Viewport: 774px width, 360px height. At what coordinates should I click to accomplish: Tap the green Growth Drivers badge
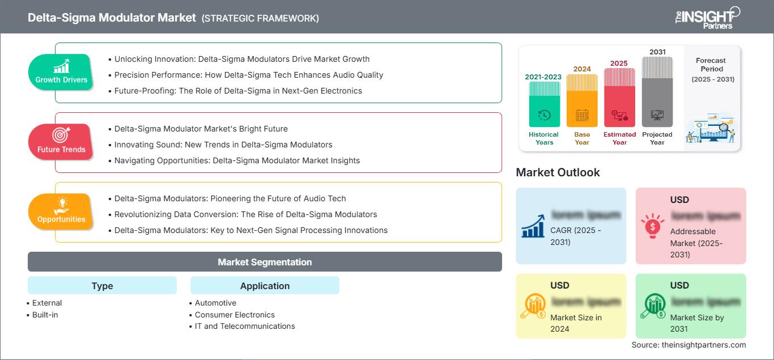click(x=61, y=72)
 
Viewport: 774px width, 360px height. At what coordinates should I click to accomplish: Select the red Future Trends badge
click(x=61, y=142)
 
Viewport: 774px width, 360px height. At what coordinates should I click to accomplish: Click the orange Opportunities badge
click(x=61, y=211)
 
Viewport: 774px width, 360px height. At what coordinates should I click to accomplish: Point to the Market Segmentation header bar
click(x=265, y=262)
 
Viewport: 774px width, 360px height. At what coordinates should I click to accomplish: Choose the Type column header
click(x=102, y=286)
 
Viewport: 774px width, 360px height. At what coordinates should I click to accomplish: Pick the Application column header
click(x=265, y=286)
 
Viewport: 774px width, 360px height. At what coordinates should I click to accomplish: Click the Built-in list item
click(x=45, y=315)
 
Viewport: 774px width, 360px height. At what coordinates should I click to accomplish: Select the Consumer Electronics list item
click(x=235, y=315)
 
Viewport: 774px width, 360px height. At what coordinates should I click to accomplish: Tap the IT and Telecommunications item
click(x=245, y=326)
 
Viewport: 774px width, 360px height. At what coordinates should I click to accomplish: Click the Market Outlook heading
click(x=558, y=172)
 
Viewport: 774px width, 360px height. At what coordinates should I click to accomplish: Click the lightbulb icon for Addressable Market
click(x=653, y=226)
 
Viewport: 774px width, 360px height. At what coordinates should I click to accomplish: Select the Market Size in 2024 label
click(x=576, y=323)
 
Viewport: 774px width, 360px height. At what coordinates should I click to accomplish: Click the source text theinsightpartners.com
click(x=688, y=345)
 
